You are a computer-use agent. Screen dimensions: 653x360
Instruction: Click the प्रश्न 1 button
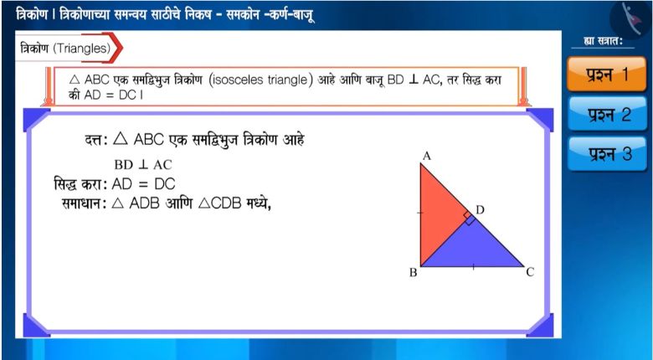pyautogui.click(x=606, y=75)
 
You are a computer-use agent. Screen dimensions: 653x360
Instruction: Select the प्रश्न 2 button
pyautogui.click(x=607, y=114)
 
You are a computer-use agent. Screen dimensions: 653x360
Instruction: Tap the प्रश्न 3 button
pyautogui.click(x=607, y=154)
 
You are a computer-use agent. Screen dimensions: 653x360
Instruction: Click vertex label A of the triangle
pyautogui.click(x=426, y=157)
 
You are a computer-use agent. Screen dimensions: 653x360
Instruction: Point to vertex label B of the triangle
pyautogui.click(x=413, y=273)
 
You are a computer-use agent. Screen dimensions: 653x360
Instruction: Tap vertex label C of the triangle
pyautogui.click(x=530, y=272)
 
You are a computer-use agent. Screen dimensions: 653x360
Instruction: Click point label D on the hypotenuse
pyautogui.click(x=481, y=210)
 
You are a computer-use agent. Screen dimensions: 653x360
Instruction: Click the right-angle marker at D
pyautogui.click(x=469, y=218)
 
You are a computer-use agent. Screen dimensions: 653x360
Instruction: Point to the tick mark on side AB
pyautogui.click(x=420, y=213)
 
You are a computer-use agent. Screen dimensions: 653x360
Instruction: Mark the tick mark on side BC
pyautogui.click(x=473, y=267)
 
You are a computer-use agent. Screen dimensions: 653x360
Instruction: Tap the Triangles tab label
pyautogui.click(x=82, y=49)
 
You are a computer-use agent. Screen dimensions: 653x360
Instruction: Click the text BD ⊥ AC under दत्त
pyautogui.click(x=143, y=165)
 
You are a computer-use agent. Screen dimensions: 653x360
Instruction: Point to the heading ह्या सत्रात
pyautogui.click(x=603, y=41)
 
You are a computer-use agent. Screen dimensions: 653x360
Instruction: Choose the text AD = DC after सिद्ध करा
pyautogui.click(x=143, y=183)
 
